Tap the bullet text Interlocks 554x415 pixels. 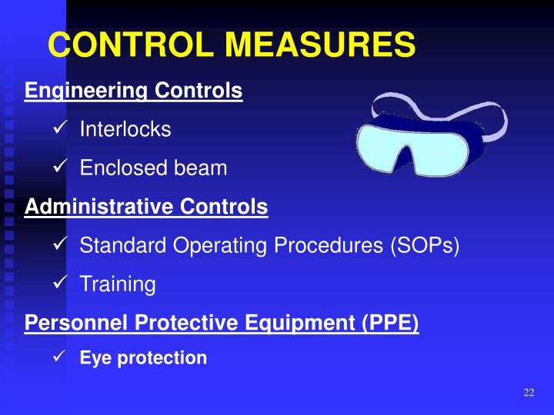coord(125,129)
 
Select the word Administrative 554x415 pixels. coord(99,207)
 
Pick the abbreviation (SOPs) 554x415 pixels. coord(422,246)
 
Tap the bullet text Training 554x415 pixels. coord(118,285)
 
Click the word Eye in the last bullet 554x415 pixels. coord(92,358)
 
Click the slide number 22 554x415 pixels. coord(528,393)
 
